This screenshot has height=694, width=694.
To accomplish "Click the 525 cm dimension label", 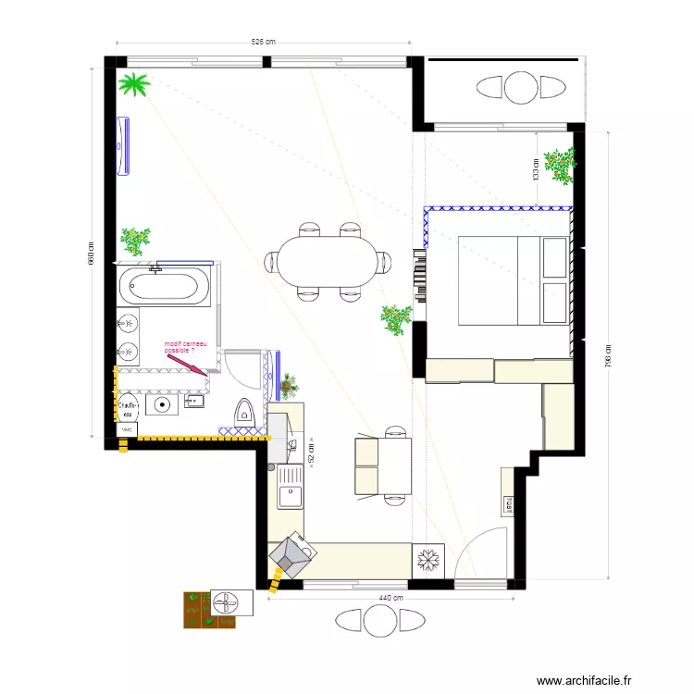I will [x=264, y=41].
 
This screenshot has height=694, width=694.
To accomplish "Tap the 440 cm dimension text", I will [x=391, y=598].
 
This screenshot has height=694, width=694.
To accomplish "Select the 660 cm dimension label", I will [x=91, y=254].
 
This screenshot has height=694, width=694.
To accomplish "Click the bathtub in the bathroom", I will [x=165, y=285].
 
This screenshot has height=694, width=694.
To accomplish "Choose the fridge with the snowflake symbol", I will [x=428, y=559].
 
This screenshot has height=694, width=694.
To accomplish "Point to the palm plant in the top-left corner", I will [x=135, y=85].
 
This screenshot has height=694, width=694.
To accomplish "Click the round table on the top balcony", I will [x=520, y=89].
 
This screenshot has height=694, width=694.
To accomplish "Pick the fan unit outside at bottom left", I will [x=226, y=602].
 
